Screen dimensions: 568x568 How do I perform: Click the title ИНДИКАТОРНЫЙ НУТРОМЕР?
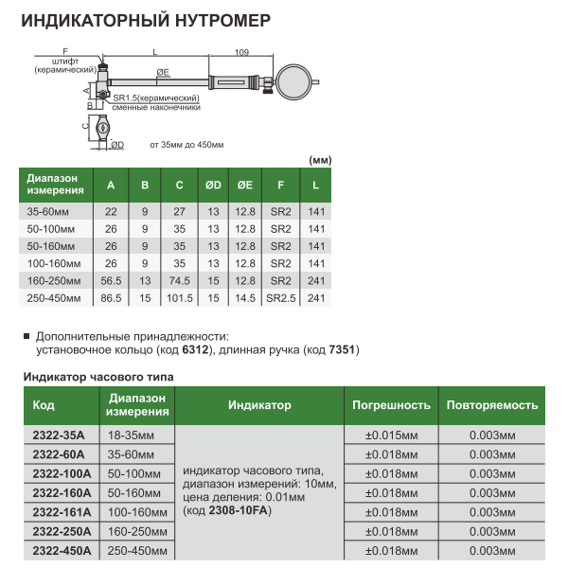click(146, 19)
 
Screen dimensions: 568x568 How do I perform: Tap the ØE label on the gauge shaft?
click(163, 72)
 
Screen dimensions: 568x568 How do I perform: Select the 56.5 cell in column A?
click(112, 281)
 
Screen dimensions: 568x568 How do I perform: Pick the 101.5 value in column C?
click(179, 298)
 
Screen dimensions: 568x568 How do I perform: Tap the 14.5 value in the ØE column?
click(245, 298)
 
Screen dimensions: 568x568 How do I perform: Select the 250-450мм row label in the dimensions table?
click(54, 298)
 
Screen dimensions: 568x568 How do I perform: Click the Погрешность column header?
click(391, 404)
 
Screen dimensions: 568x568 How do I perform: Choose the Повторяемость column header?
click(492, 404)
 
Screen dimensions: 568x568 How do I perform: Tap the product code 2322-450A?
click(62, 550)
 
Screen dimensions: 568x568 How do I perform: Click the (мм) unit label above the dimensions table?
click(321, 159)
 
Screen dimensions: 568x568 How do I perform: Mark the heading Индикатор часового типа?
click(98, 377)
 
